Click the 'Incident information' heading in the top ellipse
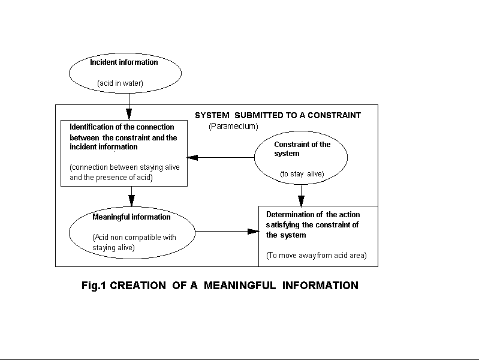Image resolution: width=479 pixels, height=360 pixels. [x=123, y=62]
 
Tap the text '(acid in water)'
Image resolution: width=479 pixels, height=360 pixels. [x=120, y=83]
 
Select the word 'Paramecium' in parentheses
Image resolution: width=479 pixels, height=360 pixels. [x=233, y=126]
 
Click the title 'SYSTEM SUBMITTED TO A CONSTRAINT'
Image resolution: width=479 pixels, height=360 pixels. [x=278, y=115]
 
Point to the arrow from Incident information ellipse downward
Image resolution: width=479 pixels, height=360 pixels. [x=129, y=106]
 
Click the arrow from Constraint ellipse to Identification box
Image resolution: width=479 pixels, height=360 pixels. [x=221, y=158]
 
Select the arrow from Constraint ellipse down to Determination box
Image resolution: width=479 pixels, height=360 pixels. [x=301, y=196]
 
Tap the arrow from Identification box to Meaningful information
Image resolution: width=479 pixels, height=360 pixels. [x=132, y=196]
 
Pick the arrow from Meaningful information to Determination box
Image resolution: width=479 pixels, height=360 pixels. [x=227, y=231]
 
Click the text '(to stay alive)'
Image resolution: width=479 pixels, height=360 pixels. [x=302, y=174]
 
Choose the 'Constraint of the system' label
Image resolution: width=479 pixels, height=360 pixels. [x=302, y=149]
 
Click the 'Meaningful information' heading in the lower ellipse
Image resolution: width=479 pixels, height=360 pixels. [x=131, y=217]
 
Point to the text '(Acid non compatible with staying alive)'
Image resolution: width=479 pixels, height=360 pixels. [x=134, y=242]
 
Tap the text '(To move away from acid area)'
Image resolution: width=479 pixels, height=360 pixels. [x=316, y=256]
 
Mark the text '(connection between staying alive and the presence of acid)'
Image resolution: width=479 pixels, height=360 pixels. [x=125, y=172]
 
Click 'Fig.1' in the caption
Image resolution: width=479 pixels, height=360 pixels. [x=94, y=286]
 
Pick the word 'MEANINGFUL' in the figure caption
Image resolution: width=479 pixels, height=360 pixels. [x=240, y=286]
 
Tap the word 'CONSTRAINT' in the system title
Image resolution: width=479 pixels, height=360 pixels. [x=334, y=115]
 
